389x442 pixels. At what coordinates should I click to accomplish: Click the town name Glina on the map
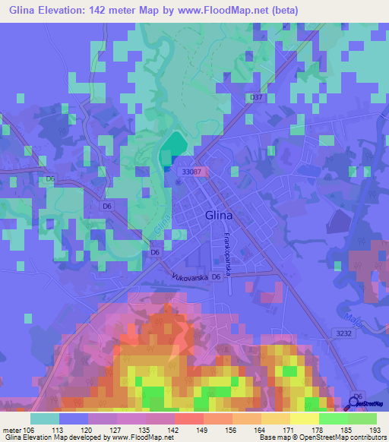click(219, 215)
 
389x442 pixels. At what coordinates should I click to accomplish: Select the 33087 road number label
click(191, 172)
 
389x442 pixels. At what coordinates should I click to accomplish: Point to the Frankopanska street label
click(226, 251)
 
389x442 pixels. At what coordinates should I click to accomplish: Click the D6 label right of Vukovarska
click(217, 276)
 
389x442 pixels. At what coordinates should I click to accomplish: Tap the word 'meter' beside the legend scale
click(11, 431)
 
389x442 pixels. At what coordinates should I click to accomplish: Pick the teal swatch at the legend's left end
click(45, 418)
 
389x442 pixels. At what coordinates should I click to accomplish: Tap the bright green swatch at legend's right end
click(362, 418)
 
